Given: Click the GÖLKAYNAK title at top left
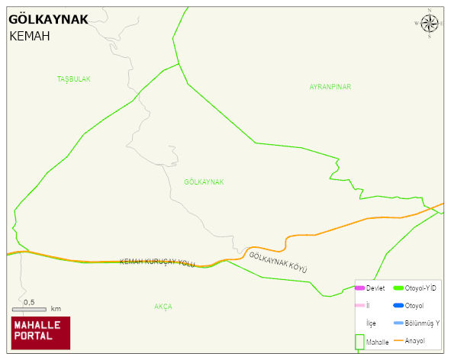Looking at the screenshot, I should coord(47,20).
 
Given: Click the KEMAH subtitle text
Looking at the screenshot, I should coord(30,36).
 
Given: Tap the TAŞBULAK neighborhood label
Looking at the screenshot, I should coord(74,79).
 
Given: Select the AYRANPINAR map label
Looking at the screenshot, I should coord(330,87).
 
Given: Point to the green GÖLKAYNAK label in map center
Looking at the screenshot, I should coord(204,182).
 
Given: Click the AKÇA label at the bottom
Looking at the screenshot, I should coord(163,307).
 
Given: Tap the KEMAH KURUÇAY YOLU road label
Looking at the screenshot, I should coord(157,262).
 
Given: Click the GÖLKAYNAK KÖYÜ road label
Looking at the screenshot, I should coord(278,262).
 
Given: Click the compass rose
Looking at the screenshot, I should coord(430,24).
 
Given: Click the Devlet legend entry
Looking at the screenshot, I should coord(375,288).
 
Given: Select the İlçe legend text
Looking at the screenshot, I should coord(371,323).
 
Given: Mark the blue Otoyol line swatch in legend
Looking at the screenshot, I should coord(398,306).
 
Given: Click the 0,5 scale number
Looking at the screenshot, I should coord(29,302).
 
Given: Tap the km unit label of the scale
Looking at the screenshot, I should coord(56,310).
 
